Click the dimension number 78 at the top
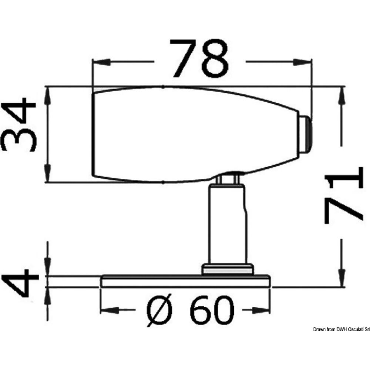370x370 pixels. click(x=200, y=59)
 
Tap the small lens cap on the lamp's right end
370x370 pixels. click(x=306, y=135)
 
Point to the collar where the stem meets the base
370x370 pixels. click(x=227, y=269)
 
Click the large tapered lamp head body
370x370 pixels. click(x=192, y=135)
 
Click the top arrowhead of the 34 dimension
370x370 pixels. click(x=47, y=93)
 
